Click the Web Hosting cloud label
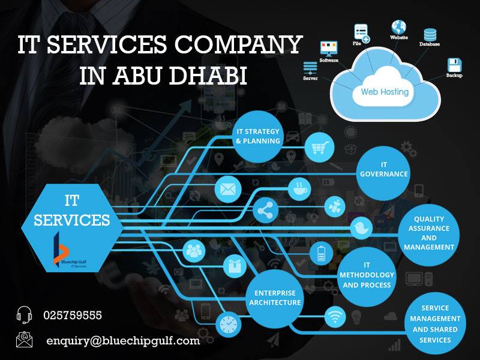(385, 92)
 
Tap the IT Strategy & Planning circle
(258, 136)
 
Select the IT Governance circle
(383, 169)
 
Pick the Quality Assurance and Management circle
(429, 233)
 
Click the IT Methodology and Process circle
(368, 274)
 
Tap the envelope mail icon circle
(227, 188)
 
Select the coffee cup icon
(298, 188)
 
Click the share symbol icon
(263, 211)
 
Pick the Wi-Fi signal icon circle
(334, 316)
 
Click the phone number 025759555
(73, 315)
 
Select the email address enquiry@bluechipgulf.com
(123, 341)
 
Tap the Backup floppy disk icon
(454, 65)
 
